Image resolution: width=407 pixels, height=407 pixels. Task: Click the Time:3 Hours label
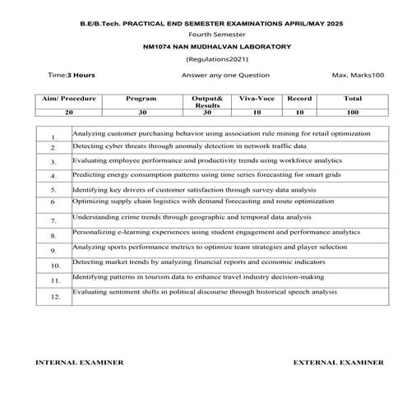tap(72, 75)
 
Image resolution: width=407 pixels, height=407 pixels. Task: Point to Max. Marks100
tap(357, 75)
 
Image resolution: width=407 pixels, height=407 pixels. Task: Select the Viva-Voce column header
tap(254, 98)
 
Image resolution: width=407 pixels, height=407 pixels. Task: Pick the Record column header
tap(299, 98)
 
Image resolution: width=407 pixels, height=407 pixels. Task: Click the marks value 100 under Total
tap(352, 111)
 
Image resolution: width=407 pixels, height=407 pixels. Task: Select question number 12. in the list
tap(55, 296)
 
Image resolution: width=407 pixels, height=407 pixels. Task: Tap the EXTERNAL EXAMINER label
tap(338, 361)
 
